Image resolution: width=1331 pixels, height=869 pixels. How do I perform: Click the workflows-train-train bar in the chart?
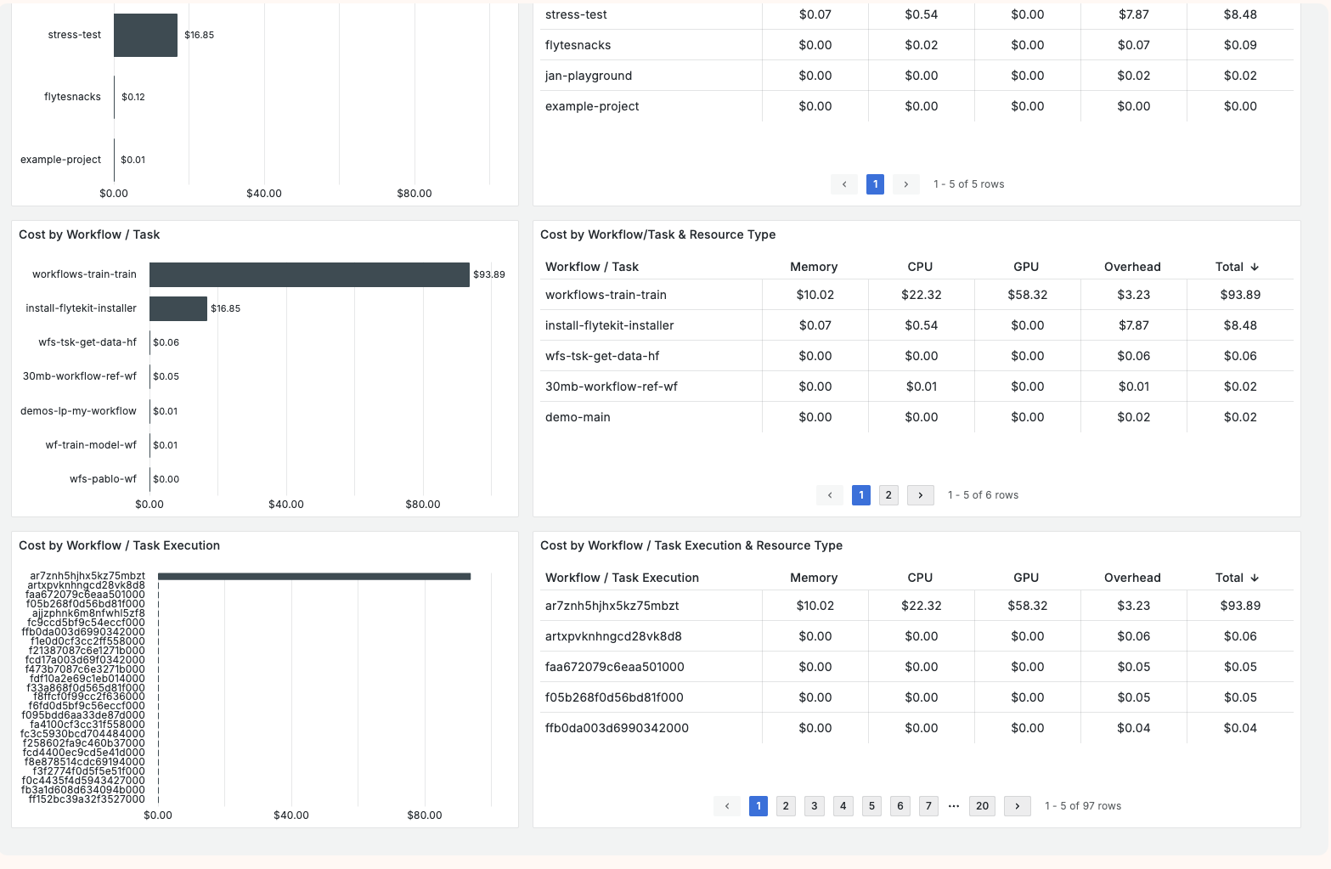pyautogui.click(x=309, y=274)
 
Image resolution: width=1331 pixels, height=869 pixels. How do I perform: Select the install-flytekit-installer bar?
pyautogui.click(x=178, y=308)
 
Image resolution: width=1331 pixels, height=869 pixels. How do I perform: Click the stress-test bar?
pyautogui.click(x=145, y=35)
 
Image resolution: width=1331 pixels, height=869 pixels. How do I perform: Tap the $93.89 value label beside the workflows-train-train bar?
pyautogui.click(x=489, y=274)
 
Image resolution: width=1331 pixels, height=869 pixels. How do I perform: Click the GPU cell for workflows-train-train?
pyautogui.click(x=1027, y=295)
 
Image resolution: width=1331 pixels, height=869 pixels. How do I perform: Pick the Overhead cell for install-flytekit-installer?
pyautogui.click(x=1133, y=325)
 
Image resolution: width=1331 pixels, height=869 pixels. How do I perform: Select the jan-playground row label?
pyautogui.click(x=589, y=76)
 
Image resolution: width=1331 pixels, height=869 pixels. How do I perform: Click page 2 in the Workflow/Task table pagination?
pyautogui.click(x=888, y=495)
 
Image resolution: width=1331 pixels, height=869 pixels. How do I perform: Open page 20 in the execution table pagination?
pyautogui.click(x=982, y=806)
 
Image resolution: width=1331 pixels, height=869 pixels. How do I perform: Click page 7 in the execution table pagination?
pyautogui.click(x=928, y=806)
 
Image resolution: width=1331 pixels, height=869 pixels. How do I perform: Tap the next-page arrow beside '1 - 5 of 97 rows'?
pyautogui.click(x=1017, y=806)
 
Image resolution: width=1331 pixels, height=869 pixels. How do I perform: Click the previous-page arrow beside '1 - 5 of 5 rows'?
pyautogui.click(x=844, y=184)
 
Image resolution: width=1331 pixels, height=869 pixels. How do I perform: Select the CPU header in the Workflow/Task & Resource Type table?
pyautogui.click(x=920, y=267)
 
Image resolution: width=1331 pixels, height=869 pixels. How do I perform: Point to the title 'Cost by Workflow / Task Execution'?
pyautogui.click(x=119, y=545)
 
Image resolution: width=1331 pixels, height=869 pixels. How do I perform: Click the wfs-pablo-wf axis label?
pyautogui.click(x=103, y=479)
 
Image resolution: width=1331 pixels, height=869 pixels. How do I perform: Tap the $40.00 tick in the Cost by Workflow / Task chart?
pyautogui.click(x=286, y=505)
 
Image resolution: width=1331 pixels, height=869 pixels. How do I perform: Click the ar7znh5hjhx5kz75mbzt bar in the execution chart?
pyautogui.click(x=314, y=576)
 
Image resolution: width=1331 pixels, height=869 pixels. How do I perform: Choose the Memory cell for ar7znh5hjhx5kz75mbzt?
pyautogui.click(x=815, y=606)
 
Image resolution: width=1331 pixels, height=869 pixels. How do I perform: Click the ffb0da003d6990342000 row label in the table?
pyautogui.click(x=617, y=728)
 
